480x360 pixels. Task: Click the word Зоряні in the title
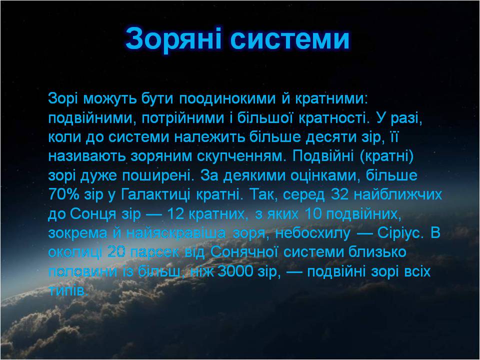coord(173,38)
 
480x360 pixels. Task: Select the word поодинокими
coord(227,98)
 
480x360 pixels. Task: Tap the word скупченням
coord(241,156)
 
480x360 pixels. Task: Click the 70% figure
coord(63,194)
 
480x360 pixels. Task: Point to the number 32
coord(340,194)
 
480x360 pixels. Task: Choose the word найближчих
coord(398,194)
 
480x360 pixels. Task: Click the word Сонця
coord(93,214)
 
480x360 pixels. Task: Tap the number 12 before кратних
coord(175,213)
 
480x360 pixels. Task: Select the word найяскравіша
coord(175,233)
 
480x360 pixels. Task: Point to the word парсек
coord(154,252)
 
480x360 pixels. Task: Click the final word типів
coord(68,290)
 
